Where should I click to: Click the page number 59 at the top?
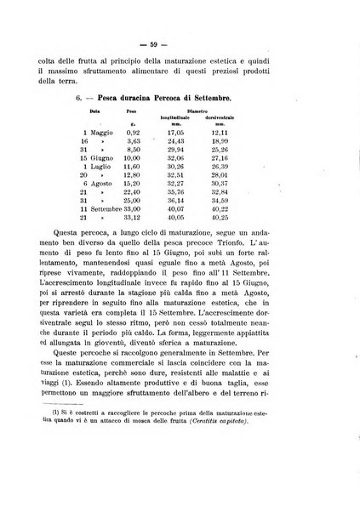(x=180, y=37)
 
